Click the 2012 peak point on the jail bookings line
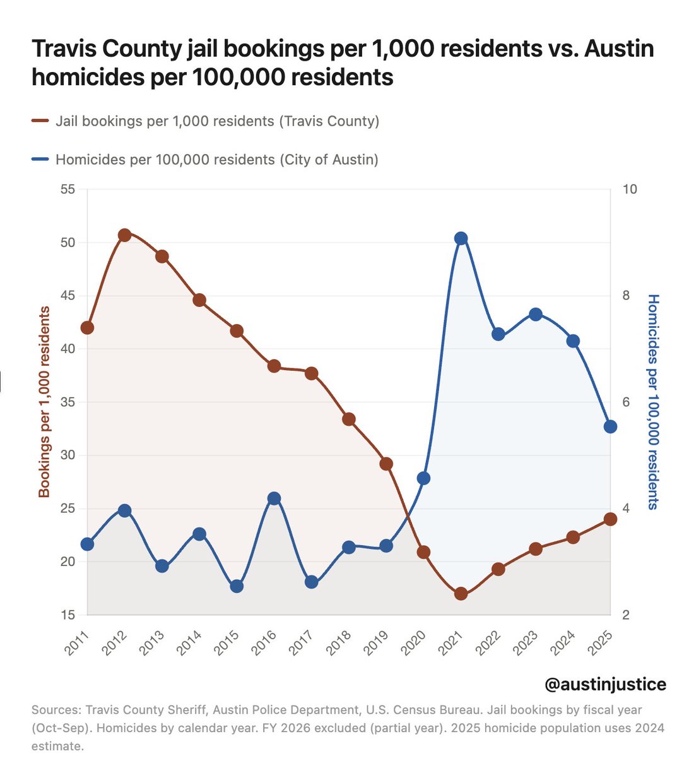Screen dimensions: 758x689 [124, 235]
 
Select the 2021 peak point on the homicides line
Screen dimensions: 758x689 [461, 238]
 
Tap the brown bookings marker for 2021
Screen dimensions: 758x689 [461, 594]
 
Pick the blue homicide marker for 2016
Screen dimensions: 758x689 [274, 498]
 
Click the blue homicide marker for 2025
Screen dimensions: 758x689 [610, 427]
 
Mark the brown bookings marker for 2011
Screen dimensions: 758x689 [87, 327]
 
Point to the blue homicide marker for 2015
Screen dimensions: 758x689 [237, 586]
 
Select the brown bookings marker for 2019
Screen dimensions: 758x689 [386, 464]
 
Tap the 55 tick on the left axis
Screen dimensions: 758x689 [68, 189]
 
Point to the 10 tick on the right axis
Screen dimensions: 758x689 [630, 189]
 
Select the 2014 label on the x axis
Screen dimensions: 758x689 [189, 644]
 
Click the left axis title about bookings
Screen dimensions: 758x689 [44, 402]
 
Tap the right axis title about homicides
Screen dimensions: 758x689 [654, 402]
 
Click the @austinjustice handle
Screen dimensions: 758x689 [604, 684]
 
